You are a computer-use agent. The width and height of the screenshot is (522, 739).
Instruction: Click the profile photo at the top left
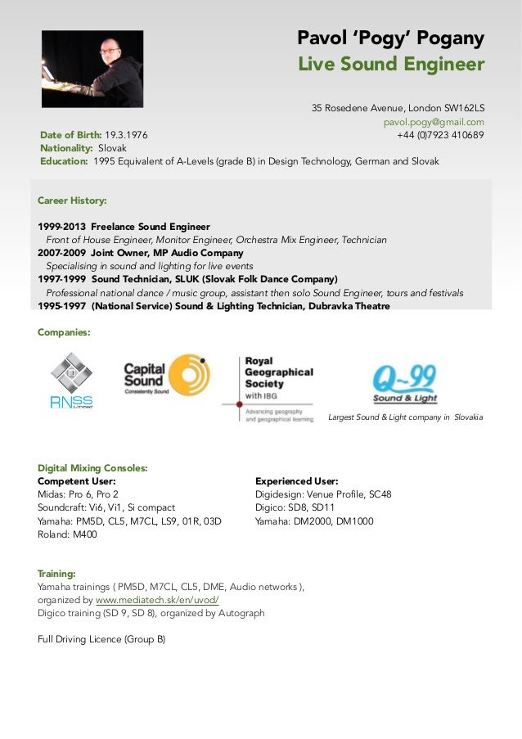click(92, 70)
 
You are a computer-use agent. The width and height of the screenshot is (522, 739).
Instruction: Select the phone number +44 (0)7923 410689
click(440, 135)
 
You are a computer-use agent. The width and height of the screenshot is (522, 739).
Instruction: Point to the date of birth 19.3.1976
click(126, 135)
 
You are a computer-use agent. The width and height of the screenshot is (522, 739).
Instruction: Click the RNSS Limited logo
click(71, 380)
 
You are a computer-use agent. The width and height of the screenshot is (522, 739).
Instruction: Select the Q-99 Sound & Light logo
click(404, 384)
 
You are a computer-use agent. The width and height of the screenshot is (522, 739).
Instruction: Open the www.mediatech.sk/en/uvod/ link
click(157, 600)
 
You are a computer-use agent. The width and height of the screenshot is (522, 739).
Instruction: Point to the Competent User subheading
click(76, 481)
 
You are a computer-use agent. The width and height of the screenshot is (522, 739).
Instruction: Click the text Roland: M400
click(67, 533)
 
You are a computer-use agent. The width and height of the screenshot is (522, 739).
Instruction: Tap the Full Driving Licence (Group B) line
click(101, 639)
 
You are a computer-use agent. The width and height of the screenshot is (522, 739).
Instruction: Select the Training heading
click(56, 574)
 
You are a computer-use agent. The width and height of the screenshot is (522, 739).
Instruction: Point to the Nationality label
click(67, 148)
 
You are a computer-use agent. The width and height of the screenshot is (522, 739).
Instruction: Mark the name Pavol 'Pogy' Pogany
click(390, 38)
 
